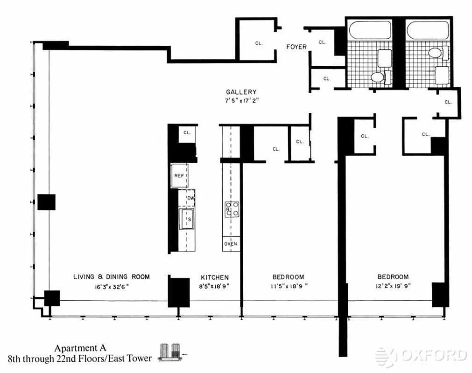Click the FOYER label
[296, 47]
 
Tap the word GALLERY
[241, 92]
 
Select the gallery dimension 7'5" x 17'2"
[241, 100]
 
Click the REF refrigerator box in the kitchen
[179, 175]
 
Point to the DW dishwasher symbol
[190, 199]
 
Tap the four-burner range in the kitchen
[232, 208]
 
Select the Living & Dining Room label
[112, 277]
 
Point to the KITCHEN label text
[215, 277]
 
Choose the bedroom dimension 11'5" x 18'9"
[288, 286]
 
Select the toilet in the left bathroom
[377, 77]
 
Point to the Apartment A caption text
[80, 348]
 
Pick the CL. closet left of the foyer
[259, 43]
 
